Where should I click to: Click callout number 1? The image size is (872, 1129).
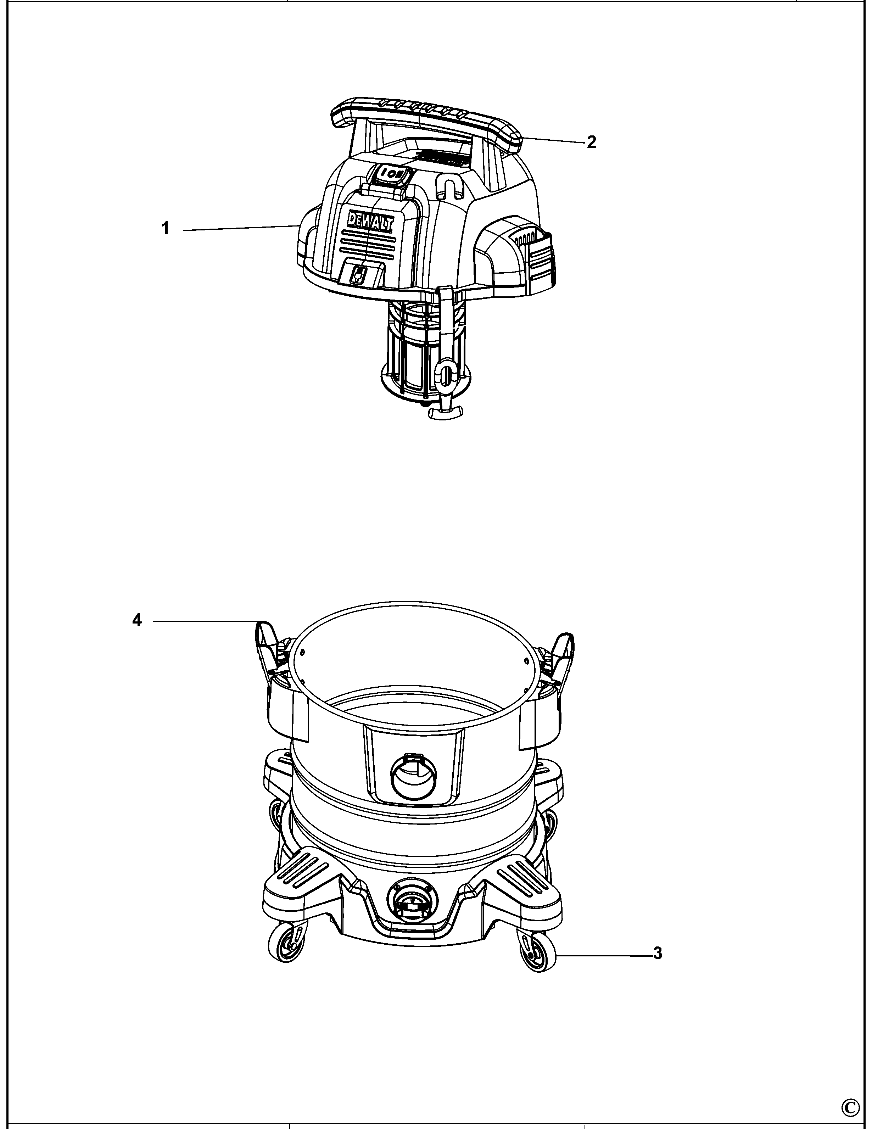pyautogui.click(x=166, y=228)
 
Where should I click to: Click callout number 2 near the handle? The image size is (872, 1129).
pyautogui.click(x=591, y=142)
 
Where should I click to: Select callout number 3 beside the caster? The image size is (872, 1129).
pyautogui.click(x=658, y=953)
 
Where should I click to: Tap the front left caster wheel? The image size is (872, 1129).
pyautogui.click(x=285, y=945)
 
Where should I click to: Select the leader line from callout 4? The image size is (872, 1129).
pyautogui.click(x=207, y=620)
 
